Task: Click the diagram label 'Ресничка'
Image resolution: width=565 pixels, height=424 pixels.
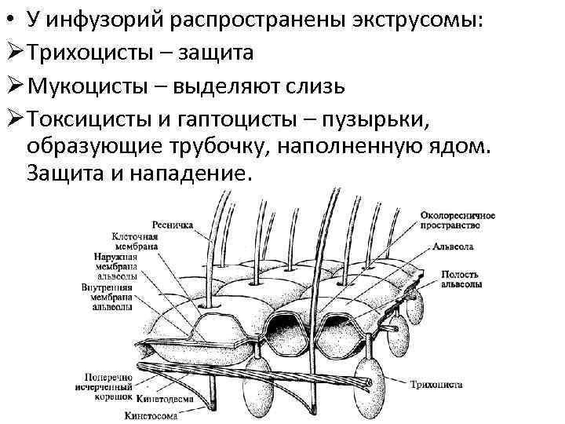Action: coord(173,224)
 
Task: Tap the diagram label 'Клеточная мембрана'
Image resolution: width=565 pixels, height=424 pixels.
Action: coord(136,241)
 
